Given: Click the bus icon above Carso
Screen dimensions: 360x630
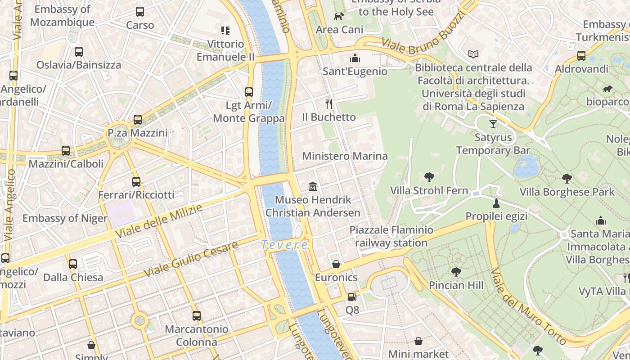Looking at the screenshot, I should [x=140, y=12].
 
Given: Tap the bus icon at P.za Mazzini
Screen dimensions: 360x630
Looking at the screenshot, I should [x=138, y=120].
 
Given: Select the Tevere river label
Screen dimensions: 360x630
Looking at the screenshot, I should [x=285, y=245].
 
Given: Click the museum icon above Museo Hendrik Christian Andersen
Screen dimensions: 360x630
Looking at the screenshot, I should [x=313, y=186].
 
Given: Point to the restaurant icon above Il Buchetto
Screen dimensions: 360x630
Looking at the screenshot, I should [x=329, y=104].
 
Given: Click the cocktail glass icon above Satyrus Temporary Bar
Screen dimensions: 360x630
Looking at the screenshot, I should [x=493, y=124].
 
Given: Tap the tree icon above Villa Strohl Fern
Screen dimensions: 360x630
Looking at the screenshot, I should [x=429, y=177].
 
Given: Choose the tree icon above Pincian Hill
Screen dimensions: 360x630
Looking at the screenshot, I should [x=456, y=272].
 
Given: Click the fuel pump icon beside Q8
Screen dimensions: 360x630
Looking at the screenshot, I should [x=352, y=297].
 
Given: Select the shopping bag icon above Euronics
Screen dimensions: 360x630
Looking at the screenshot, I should [x=336, y=264].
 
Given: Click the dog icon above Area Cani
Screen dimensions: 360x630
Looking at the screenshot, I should [x=339, y=17].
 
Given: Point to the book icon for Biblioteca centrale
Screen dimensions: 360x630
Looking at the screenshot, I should [x=473, y=54].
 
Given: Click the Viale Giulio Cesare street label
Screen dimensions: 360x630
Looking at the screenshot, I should [x=190, y=260].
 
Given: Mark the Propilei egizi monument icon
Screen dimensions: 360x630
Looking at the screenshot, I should [x=496, y=203].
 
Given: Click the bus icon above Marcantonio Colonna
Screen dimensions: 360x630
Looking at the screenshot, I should [x=196, y=316].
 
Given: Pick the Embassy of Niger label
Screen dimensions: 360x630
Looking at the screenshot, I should [x=65, y=219].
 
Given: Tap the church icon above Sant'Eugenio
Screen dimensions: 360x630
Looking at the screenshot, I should [x=355, y=58].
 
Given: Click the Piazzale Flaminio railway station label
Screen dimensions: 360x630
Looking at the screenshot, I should [x=391, y=237].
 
